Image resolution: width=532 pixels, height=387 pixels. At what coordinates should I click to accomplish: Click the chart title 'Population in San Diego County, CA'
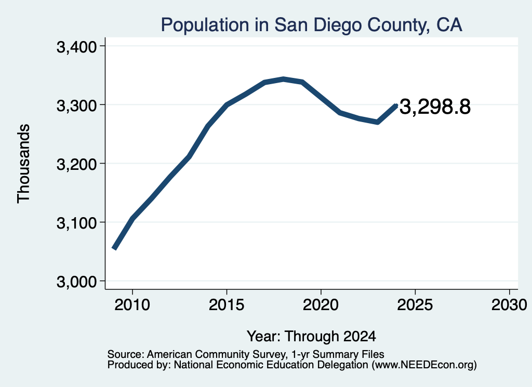point(312,25)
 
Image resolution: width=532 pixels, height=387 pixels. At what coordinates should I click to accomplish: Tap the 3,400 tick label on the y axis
point(77,47)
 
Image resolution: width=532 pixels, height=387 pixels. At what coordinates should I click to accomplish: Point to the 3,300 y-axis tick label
point(77,106)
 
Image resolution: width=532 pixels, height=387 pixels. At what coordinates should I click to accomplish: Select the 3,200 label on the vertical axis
point(77,165)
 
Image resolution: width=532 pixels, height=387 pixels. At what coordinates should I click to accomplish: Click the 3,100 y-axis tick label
point(77,223)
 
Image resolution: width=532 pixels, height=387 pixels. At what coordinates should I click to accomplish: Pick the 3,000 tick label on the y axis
point(77,282)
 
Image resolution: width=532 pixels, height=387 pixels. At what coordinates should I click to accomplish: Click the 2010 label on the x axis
point(132,305)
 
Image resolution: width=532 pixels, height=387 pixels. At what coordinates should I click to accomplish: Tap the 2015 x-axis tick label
point(227,305)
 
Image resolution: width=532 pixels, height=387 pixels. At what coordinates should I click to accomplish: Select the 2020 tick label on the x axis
point(321,305)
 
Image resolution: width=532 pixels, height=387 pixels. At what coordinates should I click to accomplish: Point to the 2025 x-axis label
point(415,305)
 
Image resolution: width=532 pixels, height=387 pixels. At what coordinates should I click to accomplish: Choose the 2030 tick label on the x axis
point(509,305)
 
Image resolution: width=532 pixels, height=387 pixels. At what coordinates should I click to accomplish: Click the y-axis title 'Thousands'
point(24,164)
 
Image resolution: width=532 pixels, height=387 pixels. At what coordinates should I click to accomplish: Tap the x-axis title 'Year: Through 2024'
point(312,336)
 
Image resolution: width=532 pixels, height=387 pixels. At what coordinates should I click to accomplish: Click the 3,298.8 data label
point(435,107)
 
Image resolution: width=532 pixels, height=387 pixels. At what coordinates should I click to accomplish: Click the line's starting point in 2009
point(114,249)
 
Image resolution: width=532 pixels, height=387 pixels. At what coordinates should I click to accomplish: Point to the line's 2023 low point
point(377,122)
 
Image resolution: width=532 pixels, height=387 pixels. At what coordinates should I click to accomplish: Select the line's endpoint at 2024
point(396,105)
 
